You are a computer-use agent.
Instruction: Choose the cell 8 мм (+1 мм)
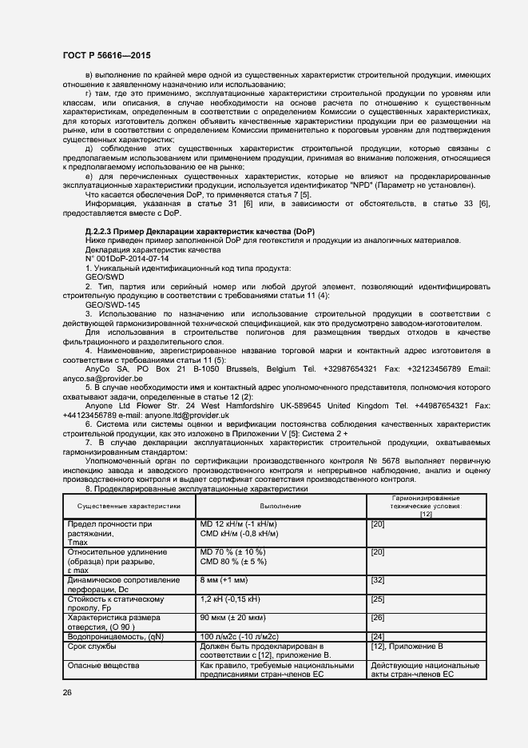(229, 579)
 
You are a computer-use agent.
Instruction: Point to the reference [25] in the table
(378, 599)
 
